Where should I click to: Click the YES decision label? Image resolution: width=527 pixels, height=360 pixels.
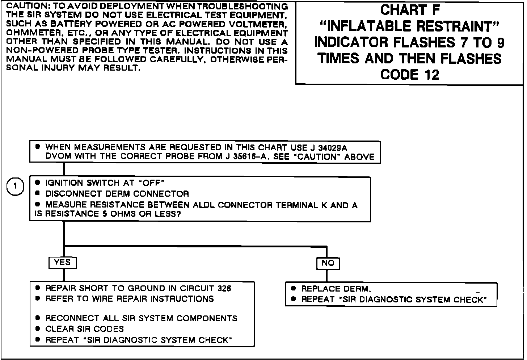click(x=62, y=262)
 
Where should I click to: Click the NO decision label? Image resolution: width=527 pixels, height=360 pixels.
click(x=328, y=263)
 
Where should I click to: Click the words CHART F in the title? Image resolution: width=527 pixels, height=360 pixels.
click(x=410, y=10)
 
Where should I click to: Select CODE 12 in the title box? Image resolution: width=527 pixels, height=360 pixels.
click(x=410, y=75)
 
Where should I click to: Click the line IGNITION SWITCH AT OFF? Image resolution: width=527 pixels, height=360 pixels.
click(x=105, y=183)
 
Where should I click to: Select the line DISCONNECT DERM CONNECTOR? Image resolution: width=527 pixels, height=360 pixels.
click(x=117, y=194)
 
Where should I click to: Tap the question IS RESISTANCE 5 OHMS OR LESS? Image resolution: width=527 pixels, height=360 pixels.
click(x=108, y=214)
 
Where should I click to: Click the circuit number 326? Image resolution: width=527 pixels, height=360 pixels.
click(x=224, y=289)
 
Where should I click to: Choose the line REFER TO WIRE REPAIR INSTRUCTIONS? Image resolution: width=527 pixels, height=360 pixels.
click(x=129, y=299)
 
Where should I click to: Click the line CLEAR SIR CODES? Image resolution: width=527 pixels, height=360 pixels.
click(x=84, y=329)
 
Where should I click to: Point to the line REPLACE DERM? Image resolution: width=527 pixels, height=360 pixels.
click(x=336, y=289)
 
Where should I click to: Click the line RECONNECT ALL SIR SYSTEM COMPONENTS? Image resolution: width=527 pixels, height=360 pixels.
click(x=141, y=318)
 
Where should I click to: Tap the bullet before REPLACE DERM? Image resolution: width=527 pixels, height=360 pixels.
click(x=294, y=289)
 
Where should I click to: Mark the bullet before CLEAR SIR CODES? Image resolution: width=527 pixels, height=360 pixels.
click(x=38, y=329)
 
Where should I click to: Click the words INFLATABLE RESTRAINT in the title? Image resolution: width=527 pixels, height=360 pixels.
click(x=410, y=26)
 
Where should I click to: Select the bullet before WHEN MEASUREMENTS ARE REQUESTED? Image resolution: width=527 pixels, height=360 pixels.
click(x=38, y=147)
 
